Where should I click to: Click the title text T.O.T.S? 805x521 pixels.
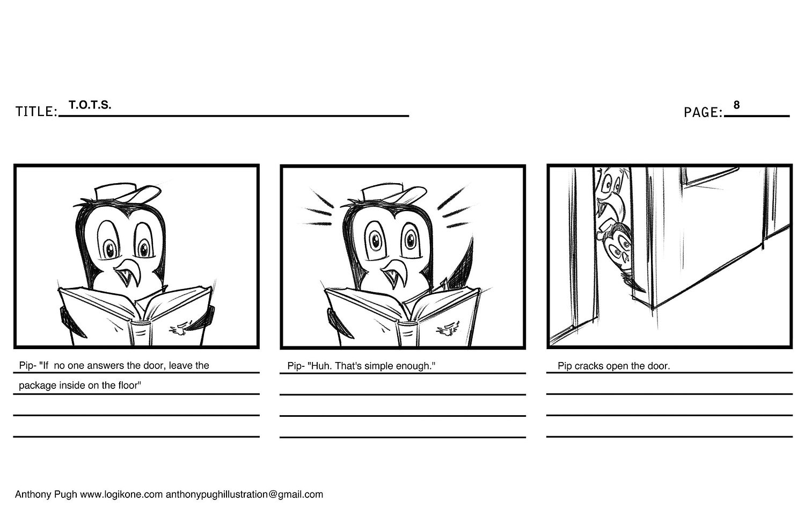click(x=90, y=105)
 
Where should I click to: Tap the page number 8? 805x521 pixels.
click(x=736, y=105)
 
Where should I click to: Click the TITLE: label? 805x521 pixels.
click(x=36, y=112)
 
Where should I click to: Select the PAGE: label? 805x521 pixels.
click(x=703, y=113)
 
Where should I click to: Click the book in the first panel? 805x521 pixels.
click(x=136, y=315)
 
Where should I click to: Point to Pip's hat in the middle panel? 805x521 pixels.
click(x=393, y=194)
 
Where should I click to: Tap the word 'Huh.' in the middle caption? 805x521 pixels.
click(x=320, y=366)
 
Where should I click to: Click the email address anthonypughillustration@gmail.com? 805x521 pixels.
click(x=244, y=495)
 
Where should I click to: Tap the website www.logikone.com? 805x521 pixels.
click(x=121, y=495)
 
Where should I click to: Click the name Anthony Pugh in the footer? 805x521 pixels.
click(x=46, y=495)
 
